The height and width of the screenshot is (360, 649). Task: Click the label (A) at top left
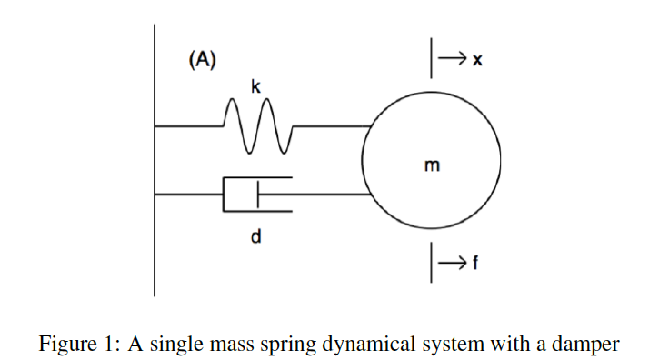[202, 60]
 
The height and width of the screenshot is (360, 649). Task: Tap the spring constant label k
[256, 86]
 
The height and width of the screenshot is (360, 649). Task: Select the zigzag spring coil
[256, 125]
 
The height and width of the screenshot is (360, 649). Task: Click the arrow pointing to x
[451, 60]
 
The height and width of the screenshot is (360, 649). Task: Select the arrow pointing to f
[451, 263]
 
